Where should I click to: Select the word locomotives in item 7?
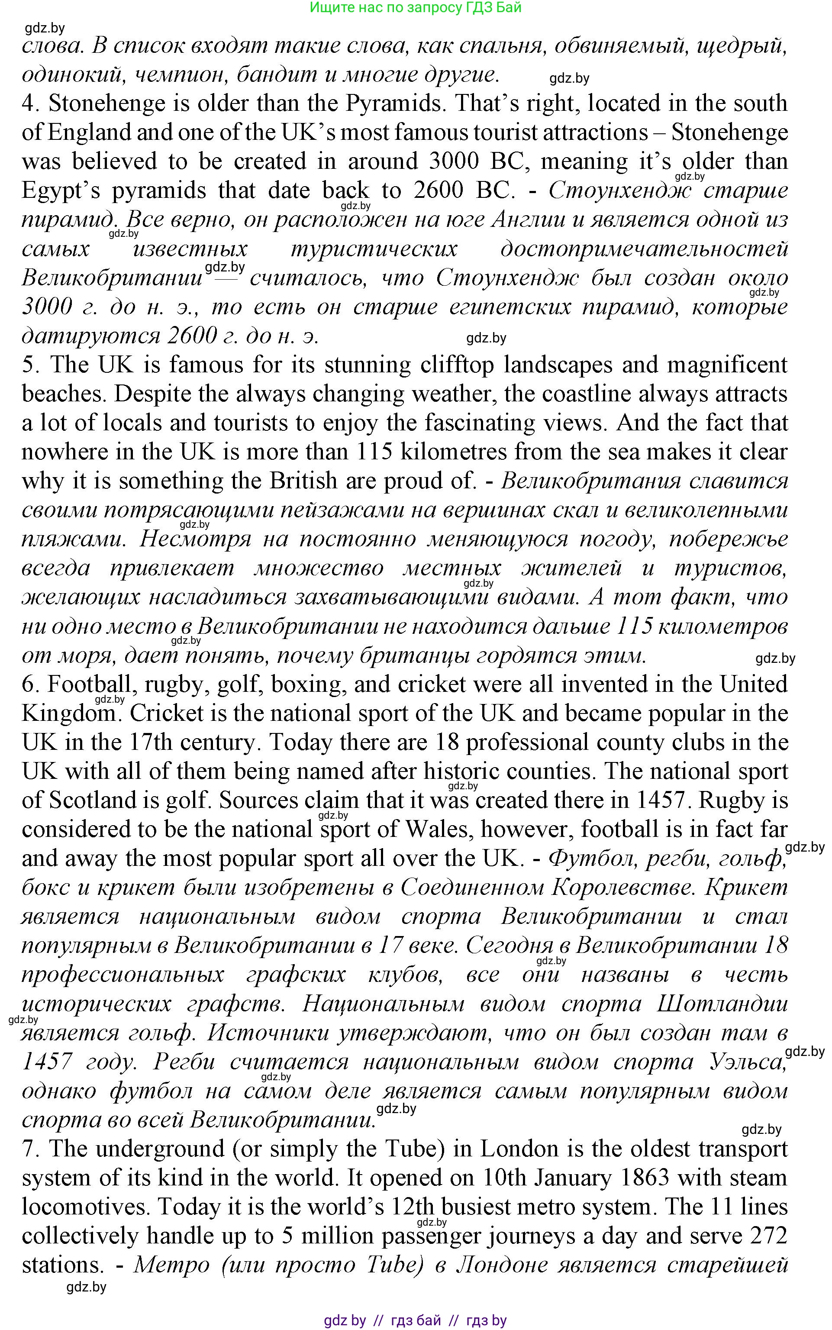point(85,1207)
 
